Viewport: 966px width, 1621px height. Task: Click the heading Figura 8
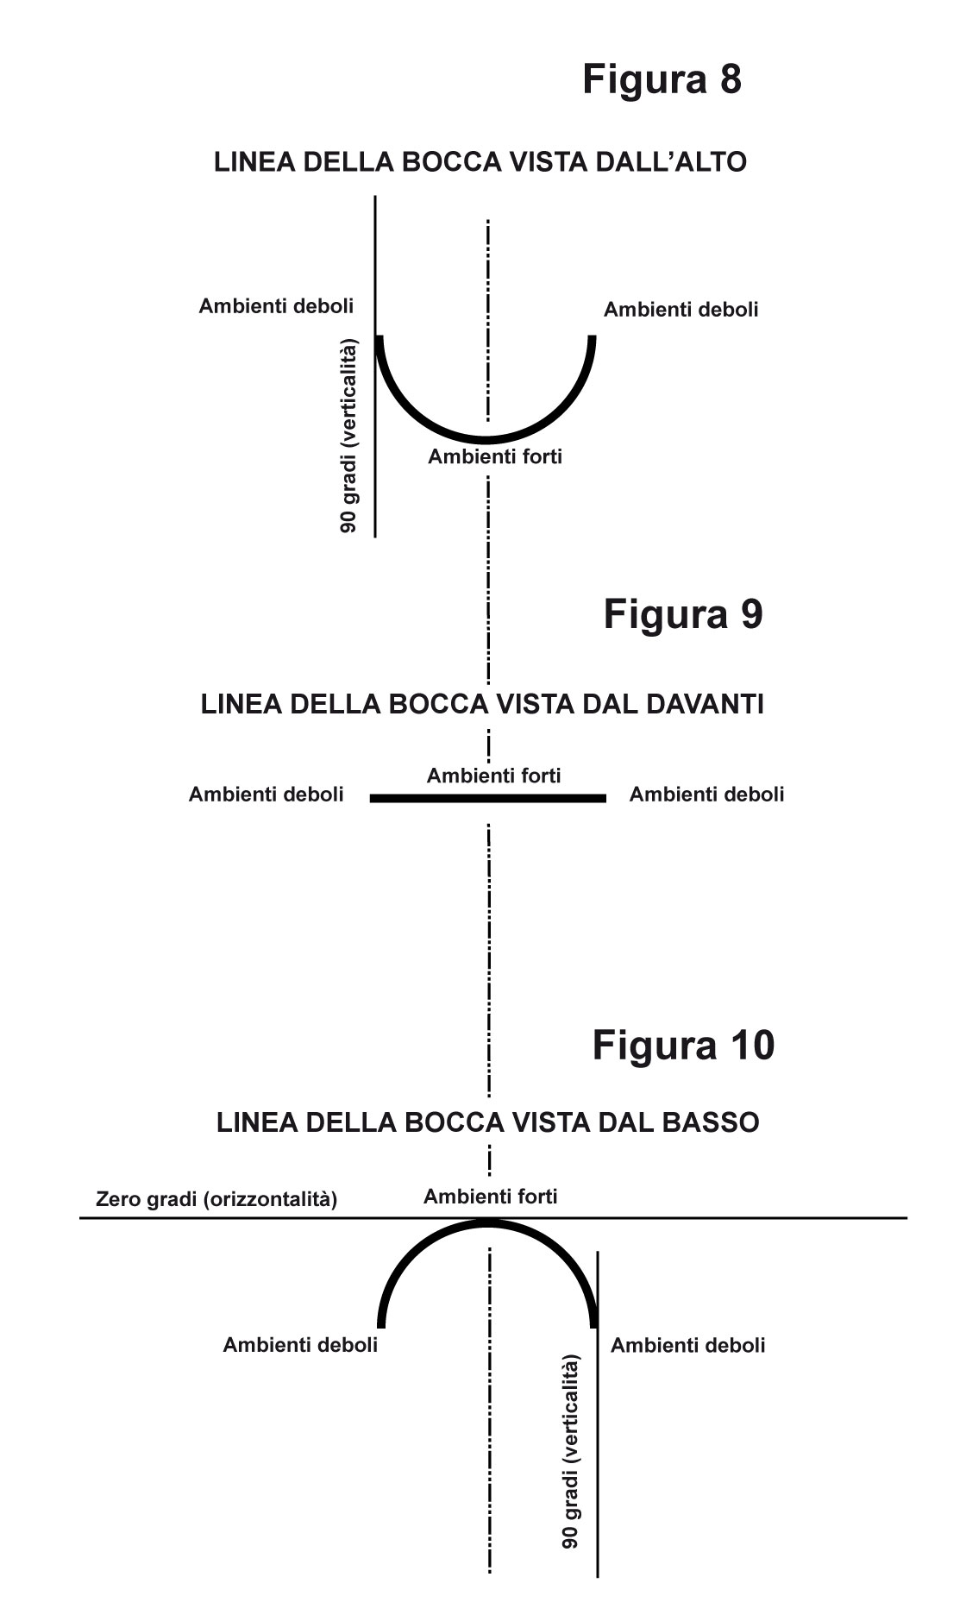coord(662,79)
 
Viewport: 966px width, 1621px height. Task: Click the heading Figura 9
coord(683,614)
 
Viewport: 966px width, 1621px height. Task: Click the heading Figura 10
coord(683,1045)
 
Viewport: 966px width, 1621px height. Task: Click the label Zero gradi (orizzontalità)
coord(216,1199)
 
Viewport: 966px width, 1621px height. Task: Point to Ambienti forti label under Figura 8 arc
coord(495,456)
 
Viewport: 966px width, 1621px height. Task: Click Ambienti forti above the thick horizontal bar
coord(493,776)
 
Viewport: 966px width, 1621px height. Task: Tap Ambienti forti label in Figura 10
coord(490,1197)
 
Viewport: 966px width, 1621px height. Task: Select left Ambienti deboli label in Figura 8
coord(276,305)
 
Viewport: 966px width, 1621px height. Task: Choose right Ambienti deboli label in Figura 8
coord(681,309)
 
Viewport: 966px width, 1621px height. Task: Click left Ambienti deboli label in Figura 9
coord(266,794)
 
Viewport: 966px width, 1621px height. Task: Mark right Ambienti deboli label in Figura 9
coord(706,794)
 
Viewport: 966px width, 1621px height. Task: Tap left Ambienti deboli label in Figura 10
coord(300,1344)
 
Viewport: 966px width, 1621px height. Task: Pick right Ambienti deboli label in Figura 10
coord(687,1345)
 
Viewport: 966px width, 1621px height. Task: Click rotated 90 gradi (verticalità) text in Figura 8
coord(348,436)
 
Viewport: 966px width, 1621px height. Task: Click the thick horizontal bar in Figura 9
coord(488,799)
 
